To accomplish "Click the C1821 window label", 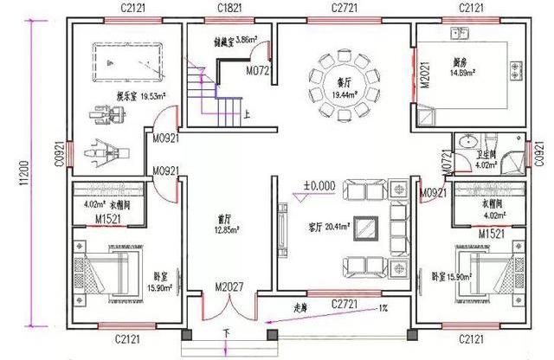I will click(x=229, y=8).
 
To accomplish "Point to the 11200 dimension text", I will click(x=23, y=181).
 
